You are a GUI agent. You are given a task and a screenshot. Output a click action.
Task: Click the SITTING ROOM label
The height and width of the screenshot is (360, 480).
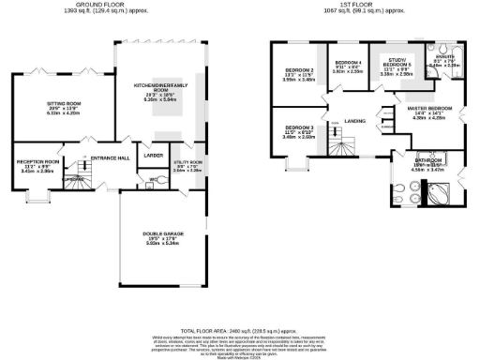[x=65, y=105]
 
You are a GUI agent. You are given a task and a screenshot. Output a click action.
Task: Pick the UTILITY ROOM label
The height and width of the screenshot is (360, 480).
[x=188, y=162]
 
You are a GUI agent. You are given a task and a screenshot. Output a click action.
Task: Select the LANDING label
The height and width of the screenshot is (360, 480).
[x=354, y=121]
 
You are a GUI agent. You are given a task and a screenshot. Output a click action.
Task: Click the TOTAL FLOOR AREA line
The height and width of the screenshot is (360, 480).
[x=240, y=331]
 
